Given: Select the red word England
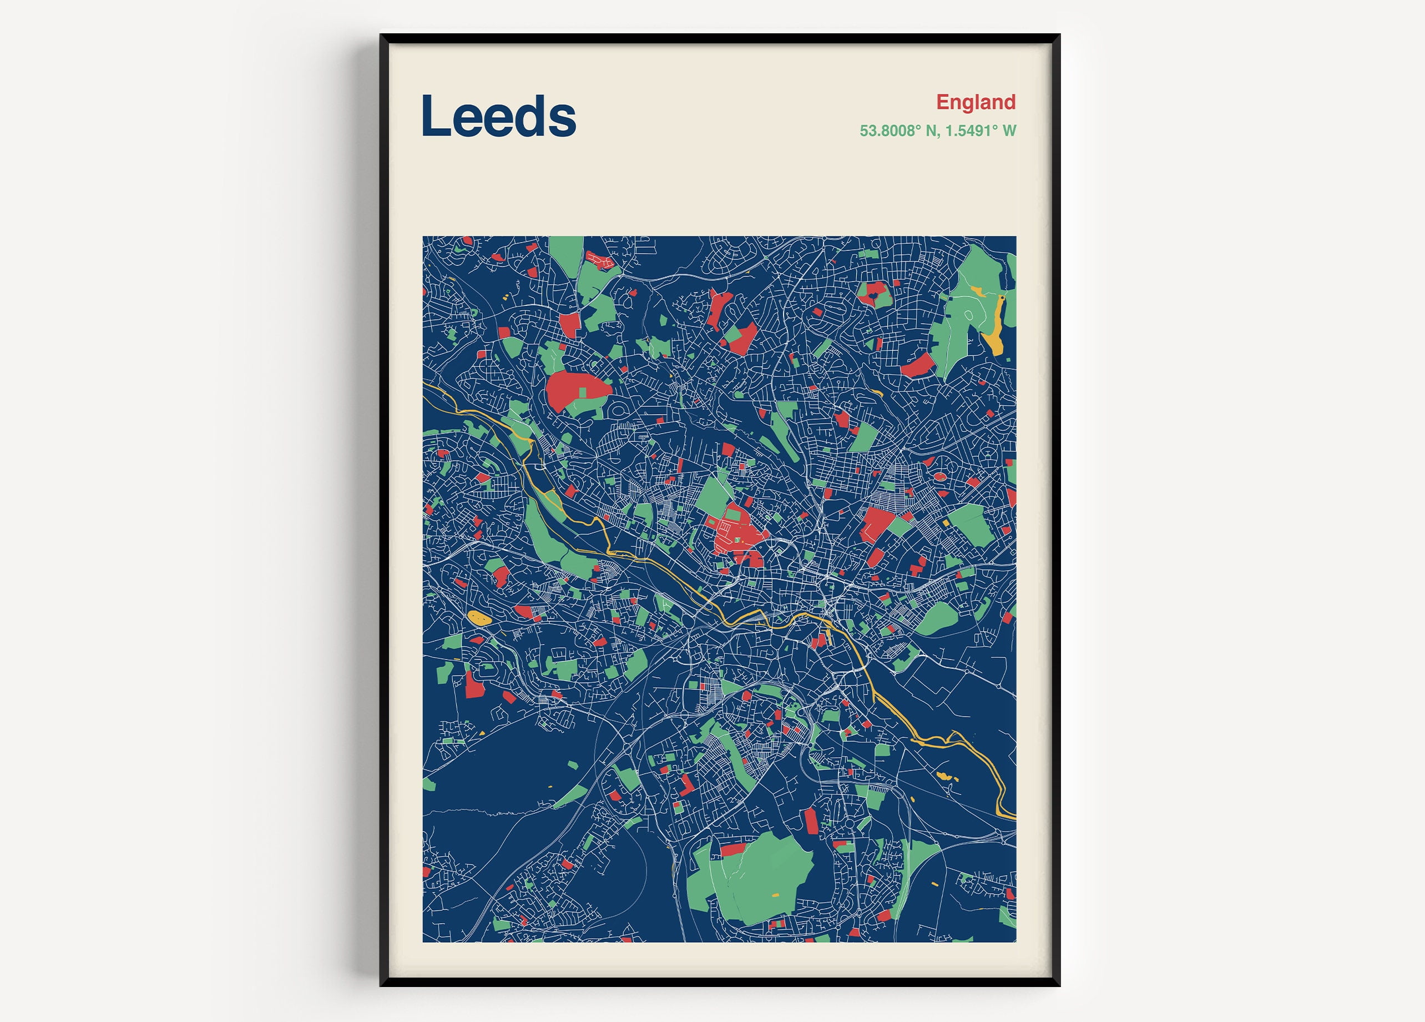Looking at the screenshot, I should click(x=975, y=102).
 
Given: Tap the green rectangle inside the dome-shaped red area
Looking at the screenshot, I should click(x=583, y=392).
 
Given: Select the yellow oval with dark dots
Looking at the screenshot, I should click(x=480, y=618).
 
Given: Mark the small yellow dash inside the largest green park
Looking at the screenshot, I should click(x=775, y=895).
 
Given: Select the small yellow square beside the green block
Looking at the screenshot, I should click(x=946, y=523).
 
